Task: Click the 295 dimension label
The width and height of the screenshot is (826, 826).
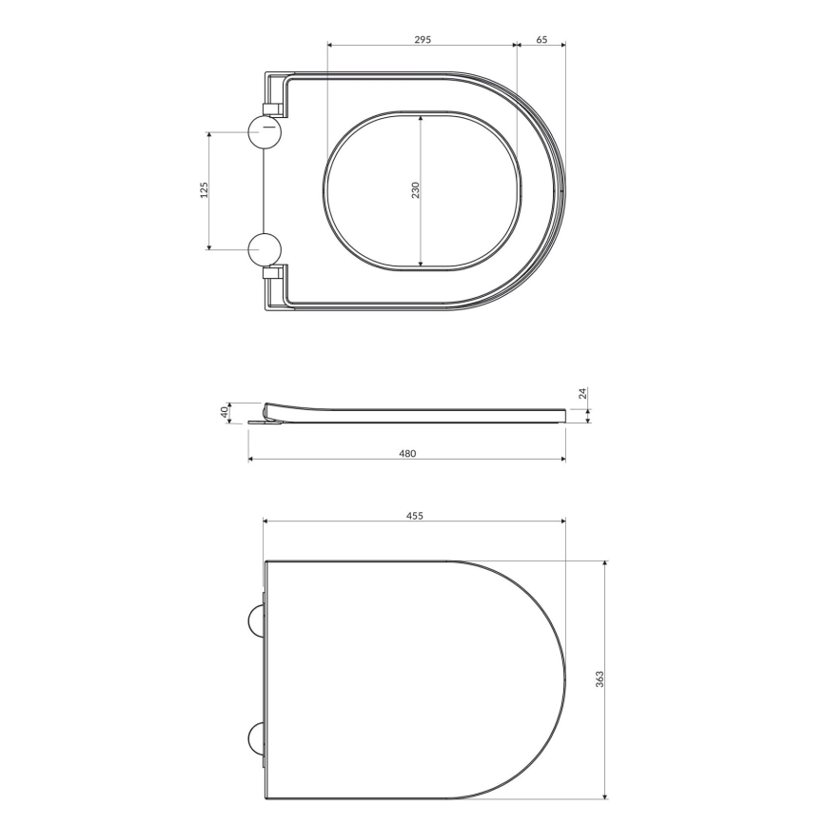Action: [x=423, y=39]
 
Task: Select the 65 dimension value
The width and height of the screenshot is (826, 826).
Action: [x=541, y=39]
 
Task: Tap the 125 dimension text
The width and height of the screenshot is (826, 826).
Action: [x=204, y=190]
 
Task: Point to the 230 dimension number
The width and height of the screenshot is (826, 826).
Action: [x=415, y=190]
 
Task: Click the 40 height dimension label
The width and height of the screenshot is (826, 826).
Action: [x=225, y=412]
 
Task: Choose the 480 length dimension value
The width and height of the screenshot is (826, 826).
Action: [x=407, y=453]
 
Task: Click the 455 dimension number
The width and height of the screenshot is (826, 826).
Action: [x=414, y=515]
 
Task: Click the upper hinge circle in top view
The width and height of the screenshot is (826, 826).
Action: [x=265, y=131]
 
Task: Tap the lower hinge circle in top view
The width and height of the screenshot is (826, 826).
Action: [x=265, y=249]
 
